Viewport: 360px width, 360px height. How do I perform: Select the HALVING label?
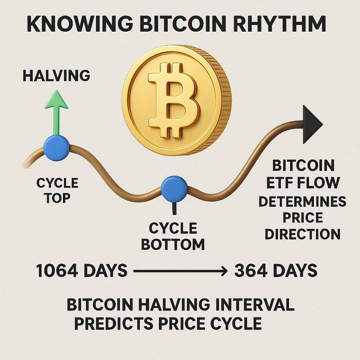click(x=56, y=76)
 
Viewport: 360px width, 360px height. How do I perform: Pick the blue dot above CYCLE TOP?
click(x=56, y=148)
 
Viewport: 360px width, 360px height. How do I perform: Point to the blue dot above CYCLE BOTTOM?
click(x=174, y=189)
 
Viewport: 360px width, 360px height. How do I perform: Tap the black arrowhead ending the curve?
click(x=311, y=124)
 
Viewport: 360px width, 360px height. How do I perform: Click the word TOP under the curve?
click(x=57, y=198)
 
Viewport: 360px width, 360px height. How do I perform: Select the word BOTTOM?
click(x=173, y=244)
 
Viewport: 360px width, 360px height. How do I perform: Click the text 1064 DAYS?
click(x=82, y=271)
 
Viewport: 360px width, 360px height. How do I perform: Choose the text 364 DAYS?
click(x=276, y=271)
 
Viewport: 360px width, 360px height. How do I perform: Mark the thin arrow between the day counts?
click(x=179, y=271)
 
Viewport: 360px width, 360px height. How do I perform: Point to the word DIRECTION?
click(x=302, y=234)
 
